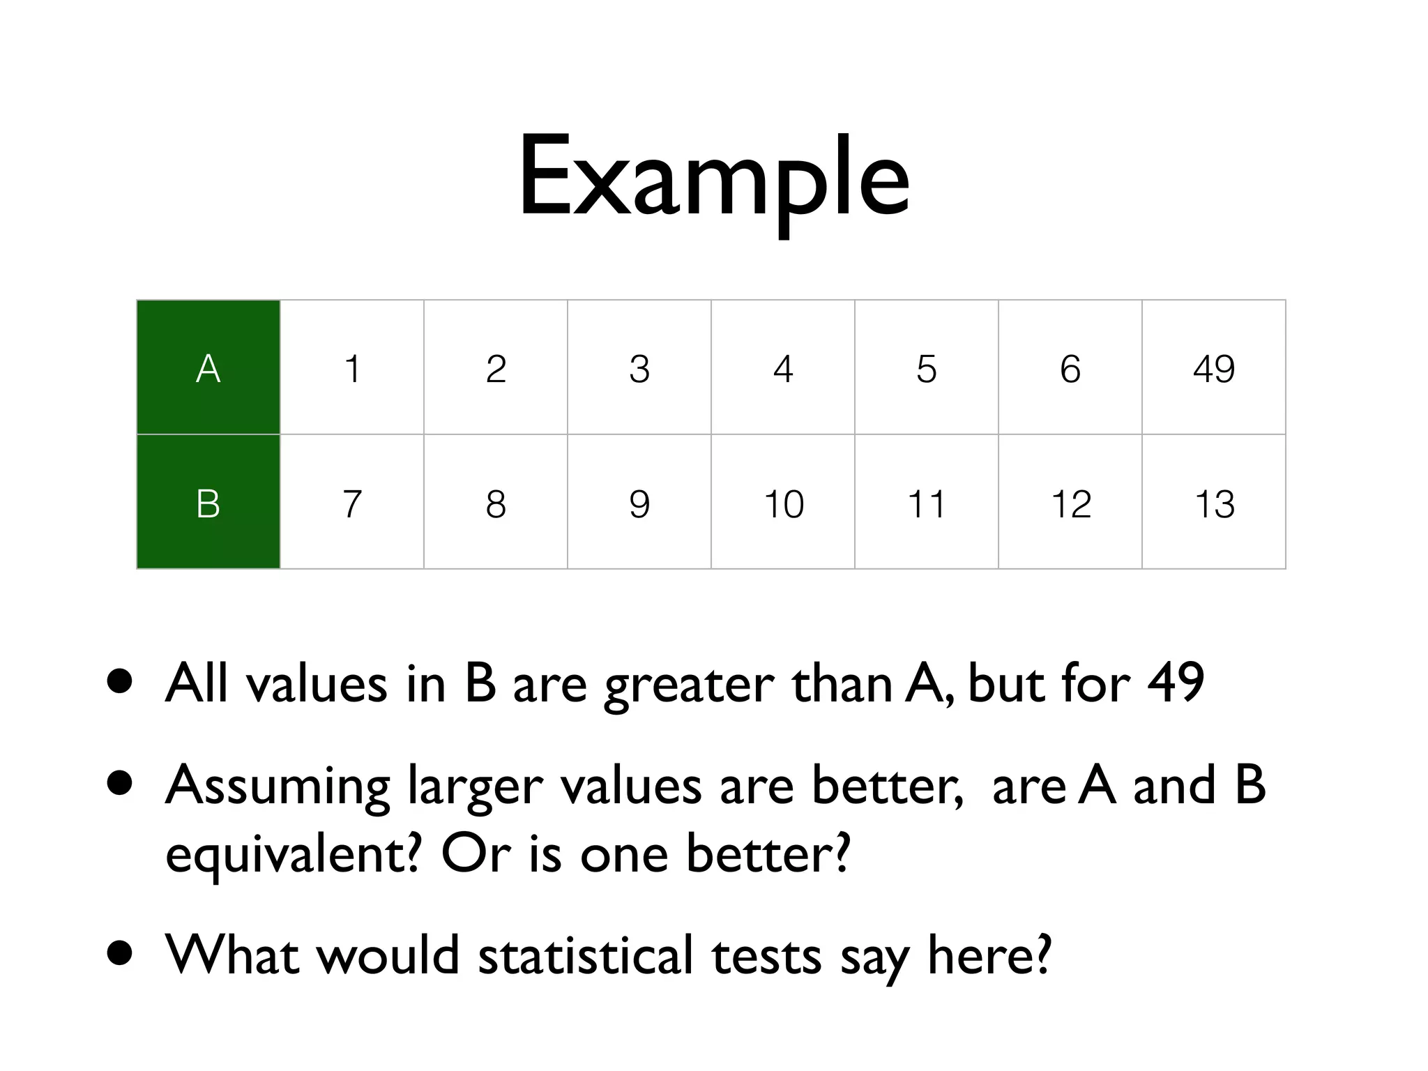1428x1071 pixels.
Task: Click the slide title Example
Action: point(713,178)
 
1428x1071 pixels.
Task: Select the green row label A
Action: point(208,367)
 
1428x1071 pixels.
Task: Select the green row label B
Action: point(208,503)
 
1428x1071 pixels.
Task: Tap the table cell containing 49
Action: point(1213,367)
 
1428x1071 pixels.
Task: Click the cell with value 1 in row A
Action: point(352,367)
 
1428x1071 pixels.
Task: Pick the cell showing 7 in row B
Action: point(352,503)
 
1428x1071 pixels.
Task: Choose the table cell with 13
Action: point(1213,503)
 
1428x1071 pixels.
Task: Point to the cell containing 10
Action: point(783,503)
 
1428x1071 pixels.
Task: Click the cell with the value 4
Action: point(783,367)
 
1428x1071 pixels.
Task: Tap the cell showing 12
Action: point(1070,503)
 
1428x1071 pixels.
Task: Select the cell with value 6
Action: point(1070,367)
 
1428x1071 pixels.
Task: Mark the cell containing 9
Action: point(639,503)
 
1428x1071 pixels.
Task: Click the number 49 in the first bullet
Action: point(1176,683)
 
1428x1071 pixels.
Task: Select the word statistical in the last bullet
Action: point(586,955)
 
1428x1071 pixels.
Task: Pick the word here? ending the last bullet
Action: point(989,955)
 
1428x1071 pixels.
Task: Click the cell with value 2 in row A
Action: point(496,367)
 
